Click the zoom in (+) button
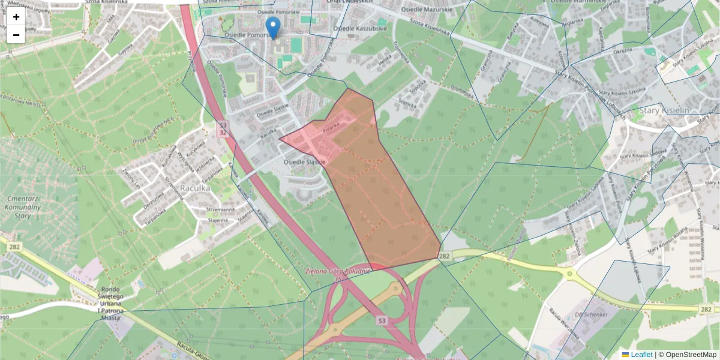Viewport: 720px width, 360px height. (16, 17)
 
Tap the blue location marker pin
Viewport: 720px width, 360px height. (273, 28)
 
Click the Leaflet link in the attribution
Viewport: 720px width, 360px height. (641, 355)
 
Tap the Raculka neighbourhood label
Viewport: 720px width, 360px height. (195, 188)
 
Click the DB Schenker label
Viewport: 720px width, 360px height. (591, 314)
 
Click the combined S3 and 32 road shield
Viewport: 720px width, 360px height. (223, 128)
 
